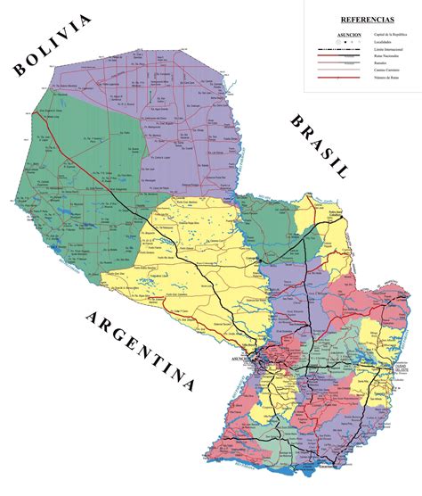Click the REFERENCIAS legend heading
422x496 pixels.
(361, 19)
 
